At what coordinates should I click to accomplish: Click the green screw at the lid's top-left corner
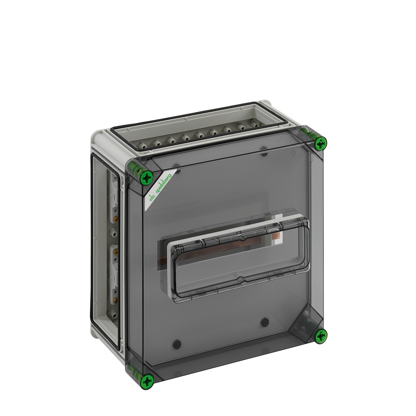(147, 177)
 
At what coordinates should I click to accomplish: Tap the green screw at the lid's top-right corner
(321, 144)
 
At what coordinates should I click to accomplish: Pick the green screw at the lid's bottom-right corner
(321, 336)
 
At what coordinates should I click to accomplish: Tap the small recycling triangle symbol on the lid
(294, 154)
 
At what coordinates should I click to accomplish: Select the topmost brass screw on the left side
(115, 219)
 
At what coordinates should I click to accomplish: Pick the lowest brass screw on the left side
(115, 300)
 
